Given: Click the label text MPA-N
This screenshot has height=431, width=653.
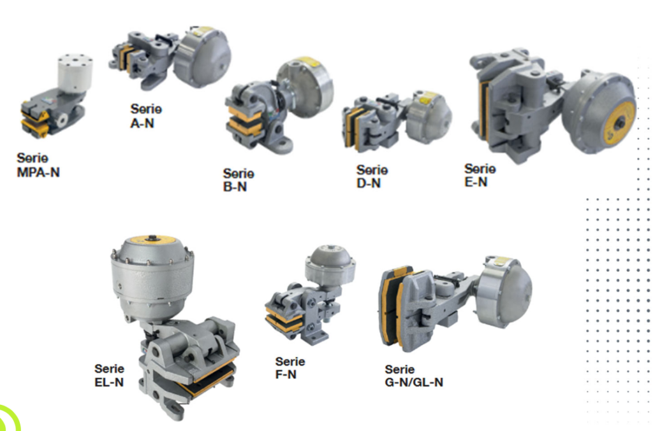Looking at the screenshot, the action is (38, 172).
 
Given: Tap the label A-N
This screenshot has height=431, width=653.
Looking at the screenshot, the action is (142, 124).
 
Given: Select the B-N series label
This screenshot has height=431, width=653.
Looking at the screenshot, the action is (235, 187).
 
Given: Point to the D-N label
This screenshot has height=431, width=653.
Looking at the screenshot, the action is (369, 183).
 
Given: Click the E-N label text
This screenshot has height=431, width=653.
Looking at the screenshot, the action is (476, 182).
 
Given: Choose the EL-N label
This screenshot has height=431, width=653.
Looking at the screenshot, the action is (109, 383).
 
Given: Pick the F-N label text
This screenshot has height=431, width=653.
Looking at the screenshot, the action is (286, 374).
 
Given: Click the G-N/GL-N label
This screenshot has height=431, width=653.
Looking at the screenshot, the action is (414, 383).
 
